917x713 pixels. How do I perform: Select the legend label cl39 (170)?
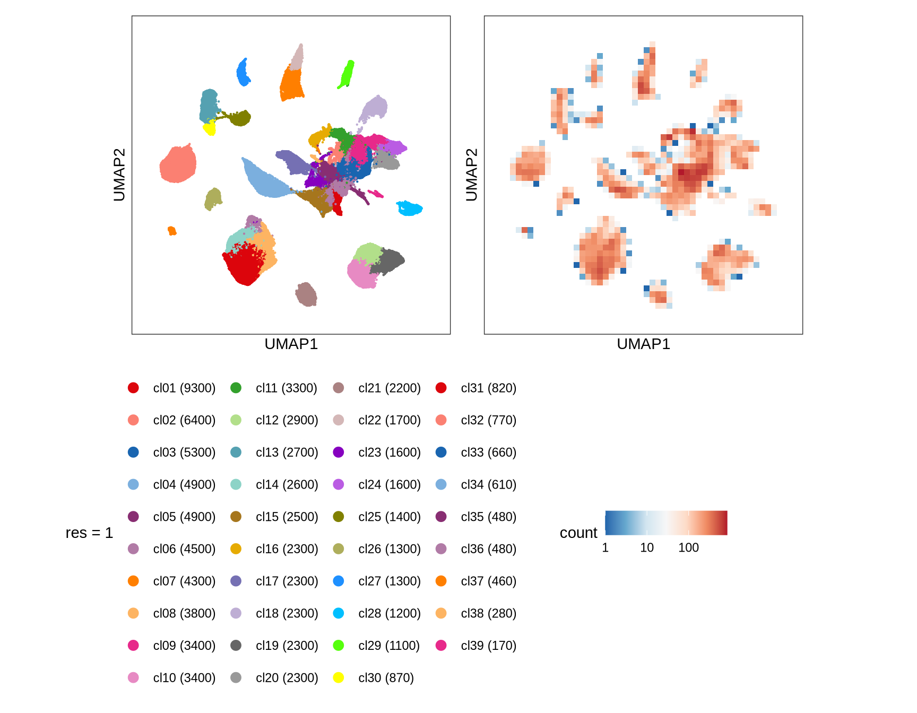tap(488, 646)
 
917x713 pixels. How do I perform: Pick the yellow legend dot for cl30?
tap(339, 677)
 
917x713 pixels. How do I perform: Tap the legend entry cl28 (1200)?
tap(389, 613)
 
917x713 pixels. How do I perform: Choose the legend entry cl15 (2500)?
tap(287, 517)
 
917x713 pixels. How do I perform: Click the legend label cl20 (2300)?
tap(287, 678)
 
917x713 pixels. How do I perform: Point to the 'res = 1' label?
tap(89, 533)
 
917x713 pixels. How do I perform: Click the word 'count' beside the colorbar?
tap(578, 533)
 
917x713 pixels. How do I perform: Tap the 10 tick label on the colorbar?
tap(646, 547)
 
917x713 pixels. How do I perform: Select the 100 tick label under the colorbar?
tap(688, 547)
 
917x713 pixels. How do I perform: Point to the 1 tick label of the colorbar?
tap(605, 547)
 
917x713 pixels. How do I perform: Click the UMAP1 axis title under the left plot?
tap(291, 344)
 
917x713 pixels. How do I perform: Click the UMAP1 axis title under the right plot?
tap(643, 344)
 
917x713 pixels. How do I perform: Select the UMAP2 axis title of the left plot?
tap(119, 175)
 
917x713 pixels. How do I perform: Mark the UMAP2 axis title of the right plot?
tap(472, 175)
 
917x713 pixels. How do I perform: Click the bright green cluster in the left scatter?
tap(347, 74)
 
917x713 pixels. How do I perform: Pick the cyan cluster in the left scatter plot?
tap(409, 208)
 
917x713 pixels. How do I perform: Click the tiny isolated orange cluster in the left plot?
tap(172, 231)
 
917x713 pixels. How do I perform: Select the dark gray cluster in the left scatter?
tap(390, 260)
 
